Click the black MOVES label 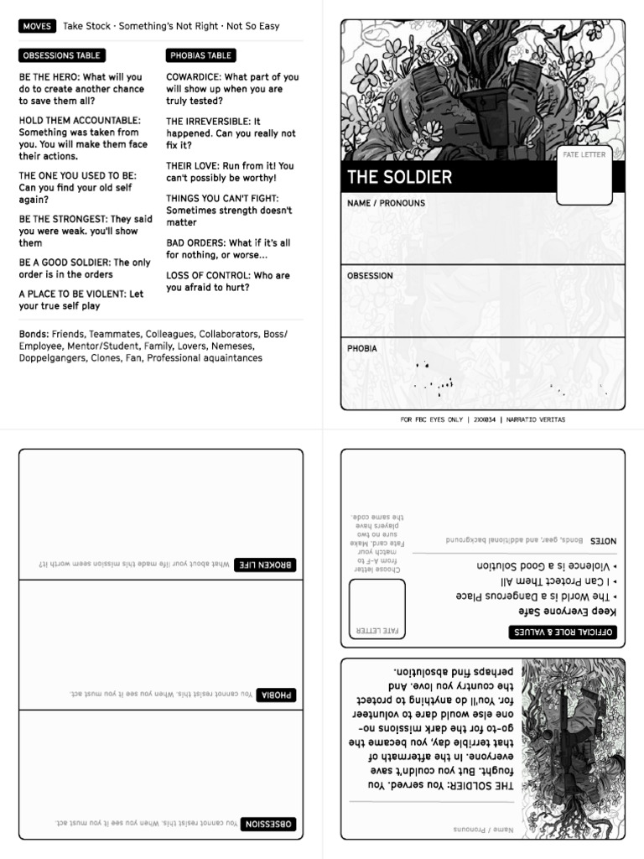tap(37, 26)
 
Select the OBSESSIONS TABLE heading tap(61, 55)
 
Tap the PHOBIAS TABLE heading tap(200, 55)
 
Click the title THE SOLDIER tap(400, 177)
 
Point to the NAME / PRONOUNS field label tap(386, 203)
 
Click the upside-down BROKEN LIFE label tap(264, 565)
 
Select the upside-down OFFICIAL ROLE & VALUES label tap(563, 632)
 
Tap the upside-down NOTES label tap(602, 541)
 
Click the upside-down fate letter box tap(377, 608)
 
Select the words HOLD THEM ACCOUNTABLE tap(80, 121)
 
